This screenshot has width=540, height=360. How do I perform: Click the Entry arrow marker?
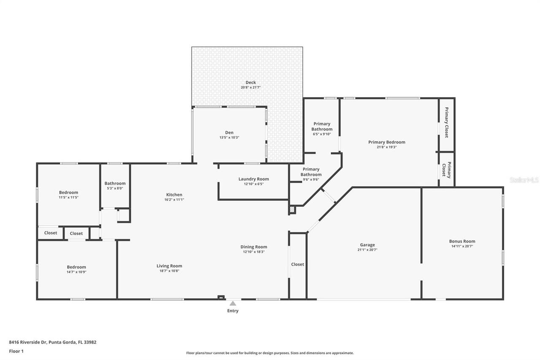[232, 303]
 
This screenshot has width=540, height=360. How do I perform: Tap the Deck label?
[251, 82]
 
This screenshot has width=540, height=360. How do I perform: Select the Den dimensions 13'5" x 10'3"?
[229, 138]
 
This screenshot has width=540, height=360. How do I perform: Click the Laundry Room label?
[254, 179]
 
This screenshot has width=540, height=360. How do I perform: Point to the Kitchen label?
[174, 195]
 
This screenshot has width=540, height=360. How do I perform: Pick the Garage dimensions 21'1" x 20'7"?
[367, 250]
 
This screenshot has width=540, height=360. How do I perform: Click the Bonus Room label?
[462, 241]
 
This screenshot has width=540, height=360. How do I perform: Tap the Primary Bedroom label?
[386, 142]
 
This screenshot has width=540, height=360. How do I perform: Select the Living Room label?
[169, 266]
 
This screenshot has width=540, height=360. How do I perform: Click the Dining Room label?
[254, 247]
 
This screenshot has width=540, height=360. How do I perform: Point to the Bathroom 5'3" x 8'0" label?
[115, 183]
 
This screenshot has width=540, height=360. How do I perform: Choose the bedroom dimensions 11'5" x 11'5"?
[68, 198]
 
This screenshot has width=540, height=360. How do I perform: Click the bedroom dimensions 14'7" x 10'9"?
[76, 272]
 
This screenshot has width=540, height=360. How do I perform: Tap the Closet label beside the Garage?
[297, 264]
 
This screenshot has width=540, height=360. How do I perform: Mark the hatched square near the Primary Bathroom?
[292, 209]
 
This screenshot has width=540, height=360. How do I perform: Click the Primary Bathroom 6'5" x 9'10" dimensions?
[322, 134]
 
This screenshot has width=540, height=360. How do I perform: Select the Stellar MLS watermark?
[524, 180]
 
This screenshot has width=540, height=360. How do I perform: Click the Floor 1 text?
[16, 351]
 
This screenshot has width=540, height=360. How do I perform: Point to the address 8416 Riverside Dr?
[53, 342]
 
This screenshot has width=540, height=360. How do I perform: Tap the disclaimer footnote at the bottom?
[270, 353]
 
